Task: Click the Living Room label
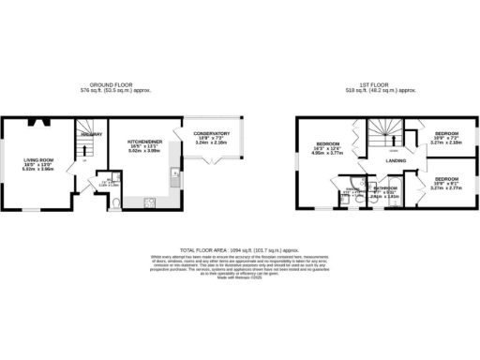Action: click(x=38, y=160)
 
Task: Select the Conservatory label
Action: click(x=212, y=133)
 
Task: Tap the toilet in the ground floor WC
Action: click(x=113, y=202)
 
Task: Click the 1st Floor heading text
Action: click(x=382, y=85)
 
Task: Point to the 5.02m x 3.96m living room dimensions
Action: click(x=38, y=170)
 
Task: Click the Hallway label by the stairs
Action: click(x=91, y=134)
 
